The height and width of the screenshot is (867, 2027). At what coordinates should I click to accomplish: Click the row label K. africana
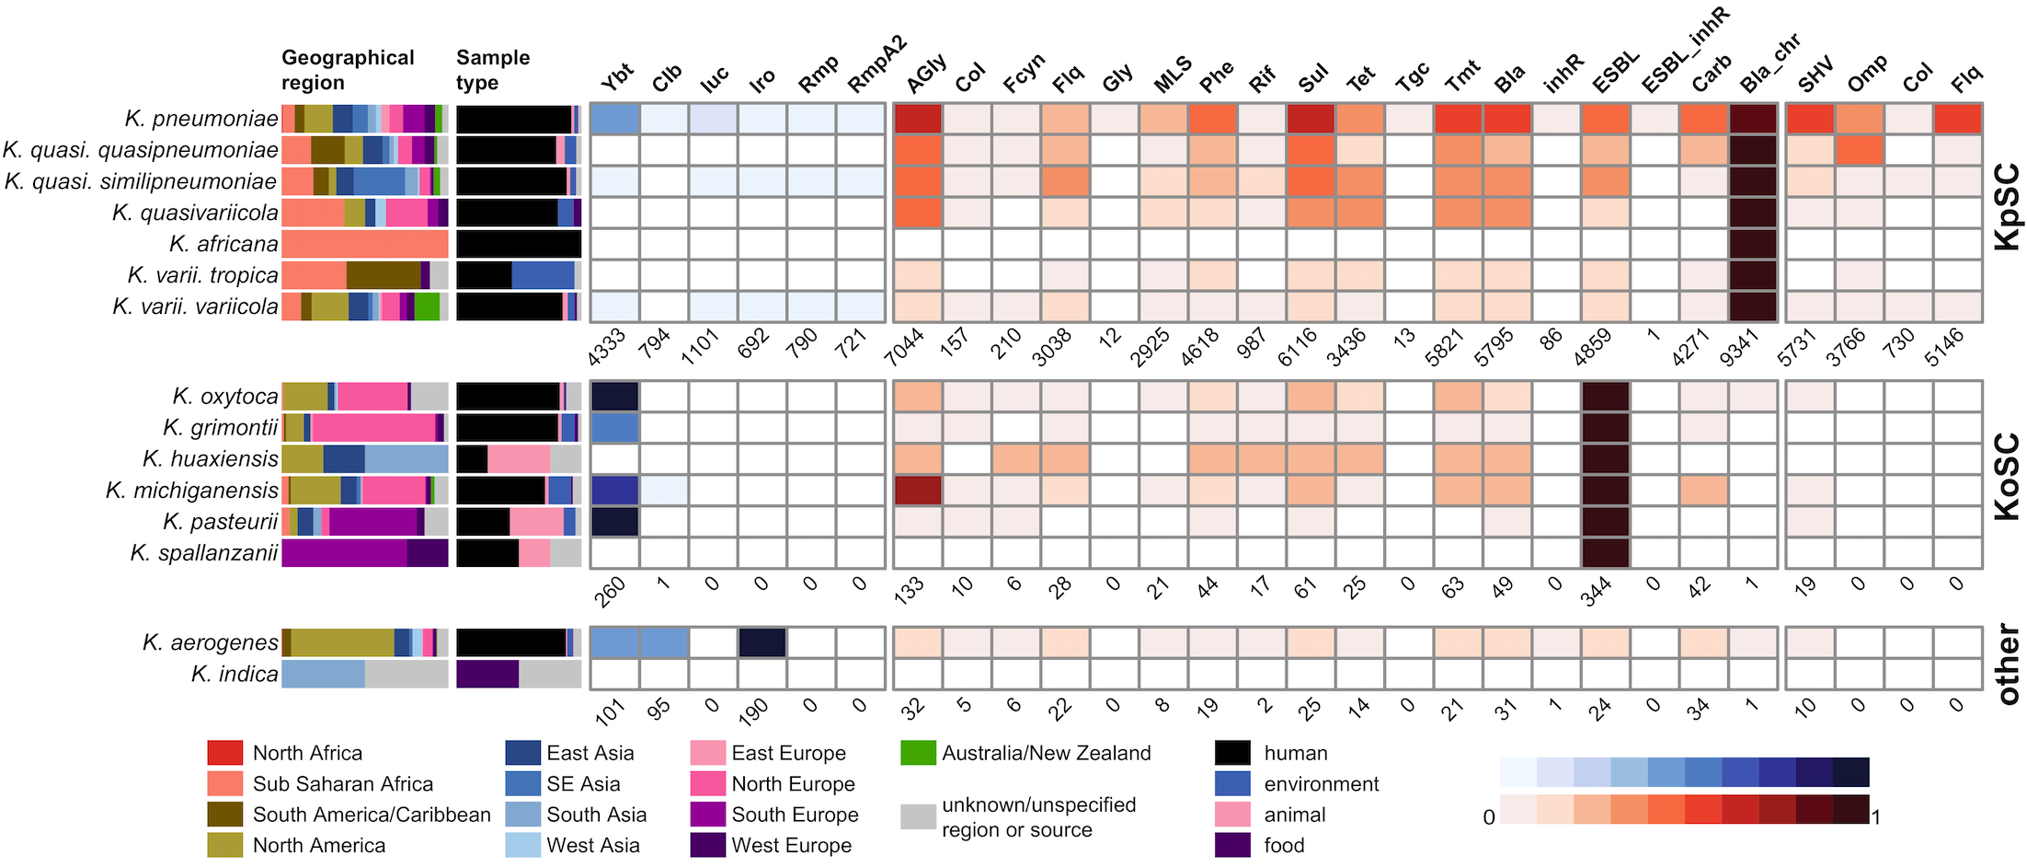point(223,244)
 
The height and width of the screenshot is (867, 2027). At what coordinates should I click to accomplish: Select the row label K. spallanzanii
point(203,553)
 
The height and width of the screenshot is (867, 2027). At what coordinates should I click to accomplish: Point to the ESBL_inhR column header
point(1685,50)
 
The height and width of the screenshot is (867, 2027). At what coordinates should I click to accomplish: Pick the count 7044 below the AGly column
point(905,347)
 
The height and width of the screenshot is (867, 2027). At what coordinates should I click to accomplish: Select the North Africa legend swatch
point(225,753)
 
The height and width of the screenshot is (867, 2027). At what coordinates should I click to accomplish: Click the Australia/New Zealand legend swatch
point(918,753)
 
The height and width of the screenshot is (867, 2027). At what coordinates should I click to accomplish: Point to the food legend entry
point(1284,845)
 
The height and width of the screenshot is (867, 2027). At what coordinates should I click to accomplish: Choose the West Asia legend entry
point(592,845)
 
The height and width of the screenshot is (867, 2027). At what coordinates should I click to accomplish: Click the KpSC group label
point(2007,206)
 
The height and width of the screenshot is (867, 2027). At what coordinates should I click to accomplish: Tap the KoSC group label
point(2007,476)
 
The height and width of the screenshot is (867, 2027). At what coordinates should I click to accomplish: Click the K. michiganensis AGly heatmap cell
point(918,490)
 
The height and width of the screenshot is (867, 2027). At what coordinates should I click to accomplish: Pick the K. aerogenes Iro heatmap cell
point(762,642)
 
